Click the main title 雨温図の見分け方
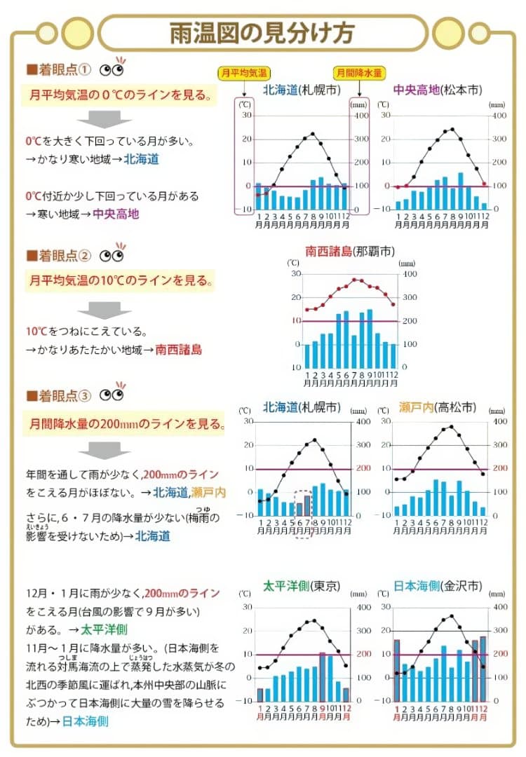point(262,32)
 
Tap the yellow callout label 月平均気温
point(243,72)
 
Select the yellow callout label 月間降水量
point(358,72)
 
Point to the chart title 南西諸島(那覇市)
point(349,251)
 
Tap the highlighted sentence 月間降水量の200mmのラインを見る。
point(127,424)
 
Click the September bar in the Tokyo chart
point(323,677)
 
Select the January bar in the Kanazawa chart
point(397,670)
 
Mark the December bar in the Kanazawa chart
point(483,669)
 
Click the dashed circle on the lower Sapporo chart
point(304,503)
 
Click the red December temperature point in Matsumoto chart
point(484,184)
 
